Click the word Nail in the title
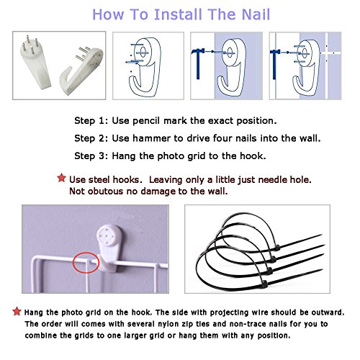tap(256, 14)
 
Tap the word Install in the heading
tap(178, 14)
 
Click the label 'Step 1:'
tap(91, 120)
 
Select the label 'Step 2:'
tap(91, 138)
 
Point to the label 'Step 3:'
tap(91, 156)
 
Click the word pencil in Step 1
tap(146, 120)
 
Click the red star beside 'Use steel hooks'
tap(61, 178)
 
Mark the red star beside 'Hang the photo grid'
tap(17, 311)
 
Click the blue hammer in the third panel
tap(197, 63)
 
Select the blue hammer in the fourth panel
tap(274, 64)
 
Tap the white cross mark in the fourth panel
tap(327, 53)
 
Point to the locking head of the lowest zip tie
tap(264, 284)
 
